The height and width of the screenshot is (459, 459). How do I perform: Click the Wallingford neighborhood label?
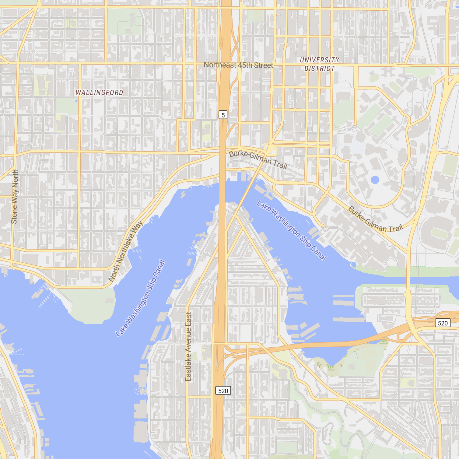click(100, 93)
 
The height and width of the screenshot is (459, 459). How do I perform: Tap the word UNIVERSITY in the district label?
click(320, 60)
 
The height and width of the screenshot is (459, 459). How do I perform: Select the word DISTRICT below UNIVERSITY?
click(320, 69)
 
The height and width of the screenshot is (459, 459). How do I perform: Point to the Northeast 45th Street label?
click(238, 65)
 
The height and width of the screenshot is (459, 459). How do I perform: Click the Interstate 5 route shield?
click(223, 115)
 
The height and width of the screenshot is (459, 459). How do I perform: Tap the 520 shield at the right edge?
click(443, 323)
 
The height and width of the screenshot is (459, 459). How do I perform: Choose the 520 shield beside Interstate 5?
click(223, 391)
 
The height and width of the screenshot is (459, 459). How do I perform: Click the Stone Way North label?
click(15, 197)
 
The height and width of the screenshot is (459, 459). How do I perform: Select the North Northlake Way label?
click(125, 251)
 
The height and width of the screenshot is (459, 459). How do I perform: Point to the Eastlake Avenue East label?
click(188, 346)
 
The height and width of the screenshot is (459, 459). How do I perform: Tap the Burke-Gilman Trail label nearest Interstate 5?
click(258, 159)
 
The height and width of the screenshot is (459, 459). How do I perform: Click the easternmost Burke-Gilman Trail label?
click(375, 219)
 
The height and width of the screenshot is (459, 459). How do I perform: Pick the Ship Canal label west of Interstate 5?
click(140, 298)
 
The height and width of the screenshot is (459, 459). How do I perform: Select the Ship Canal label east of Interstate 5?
click(292, 230)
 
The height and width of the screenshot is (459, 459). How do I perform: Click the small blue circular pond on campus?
click(375, 180)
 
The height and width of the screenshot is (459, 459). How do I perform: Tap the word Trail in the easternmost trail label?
click(395, 228)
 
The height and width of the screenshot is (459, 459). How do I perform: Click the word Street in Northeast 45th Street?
click(264, 65)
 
